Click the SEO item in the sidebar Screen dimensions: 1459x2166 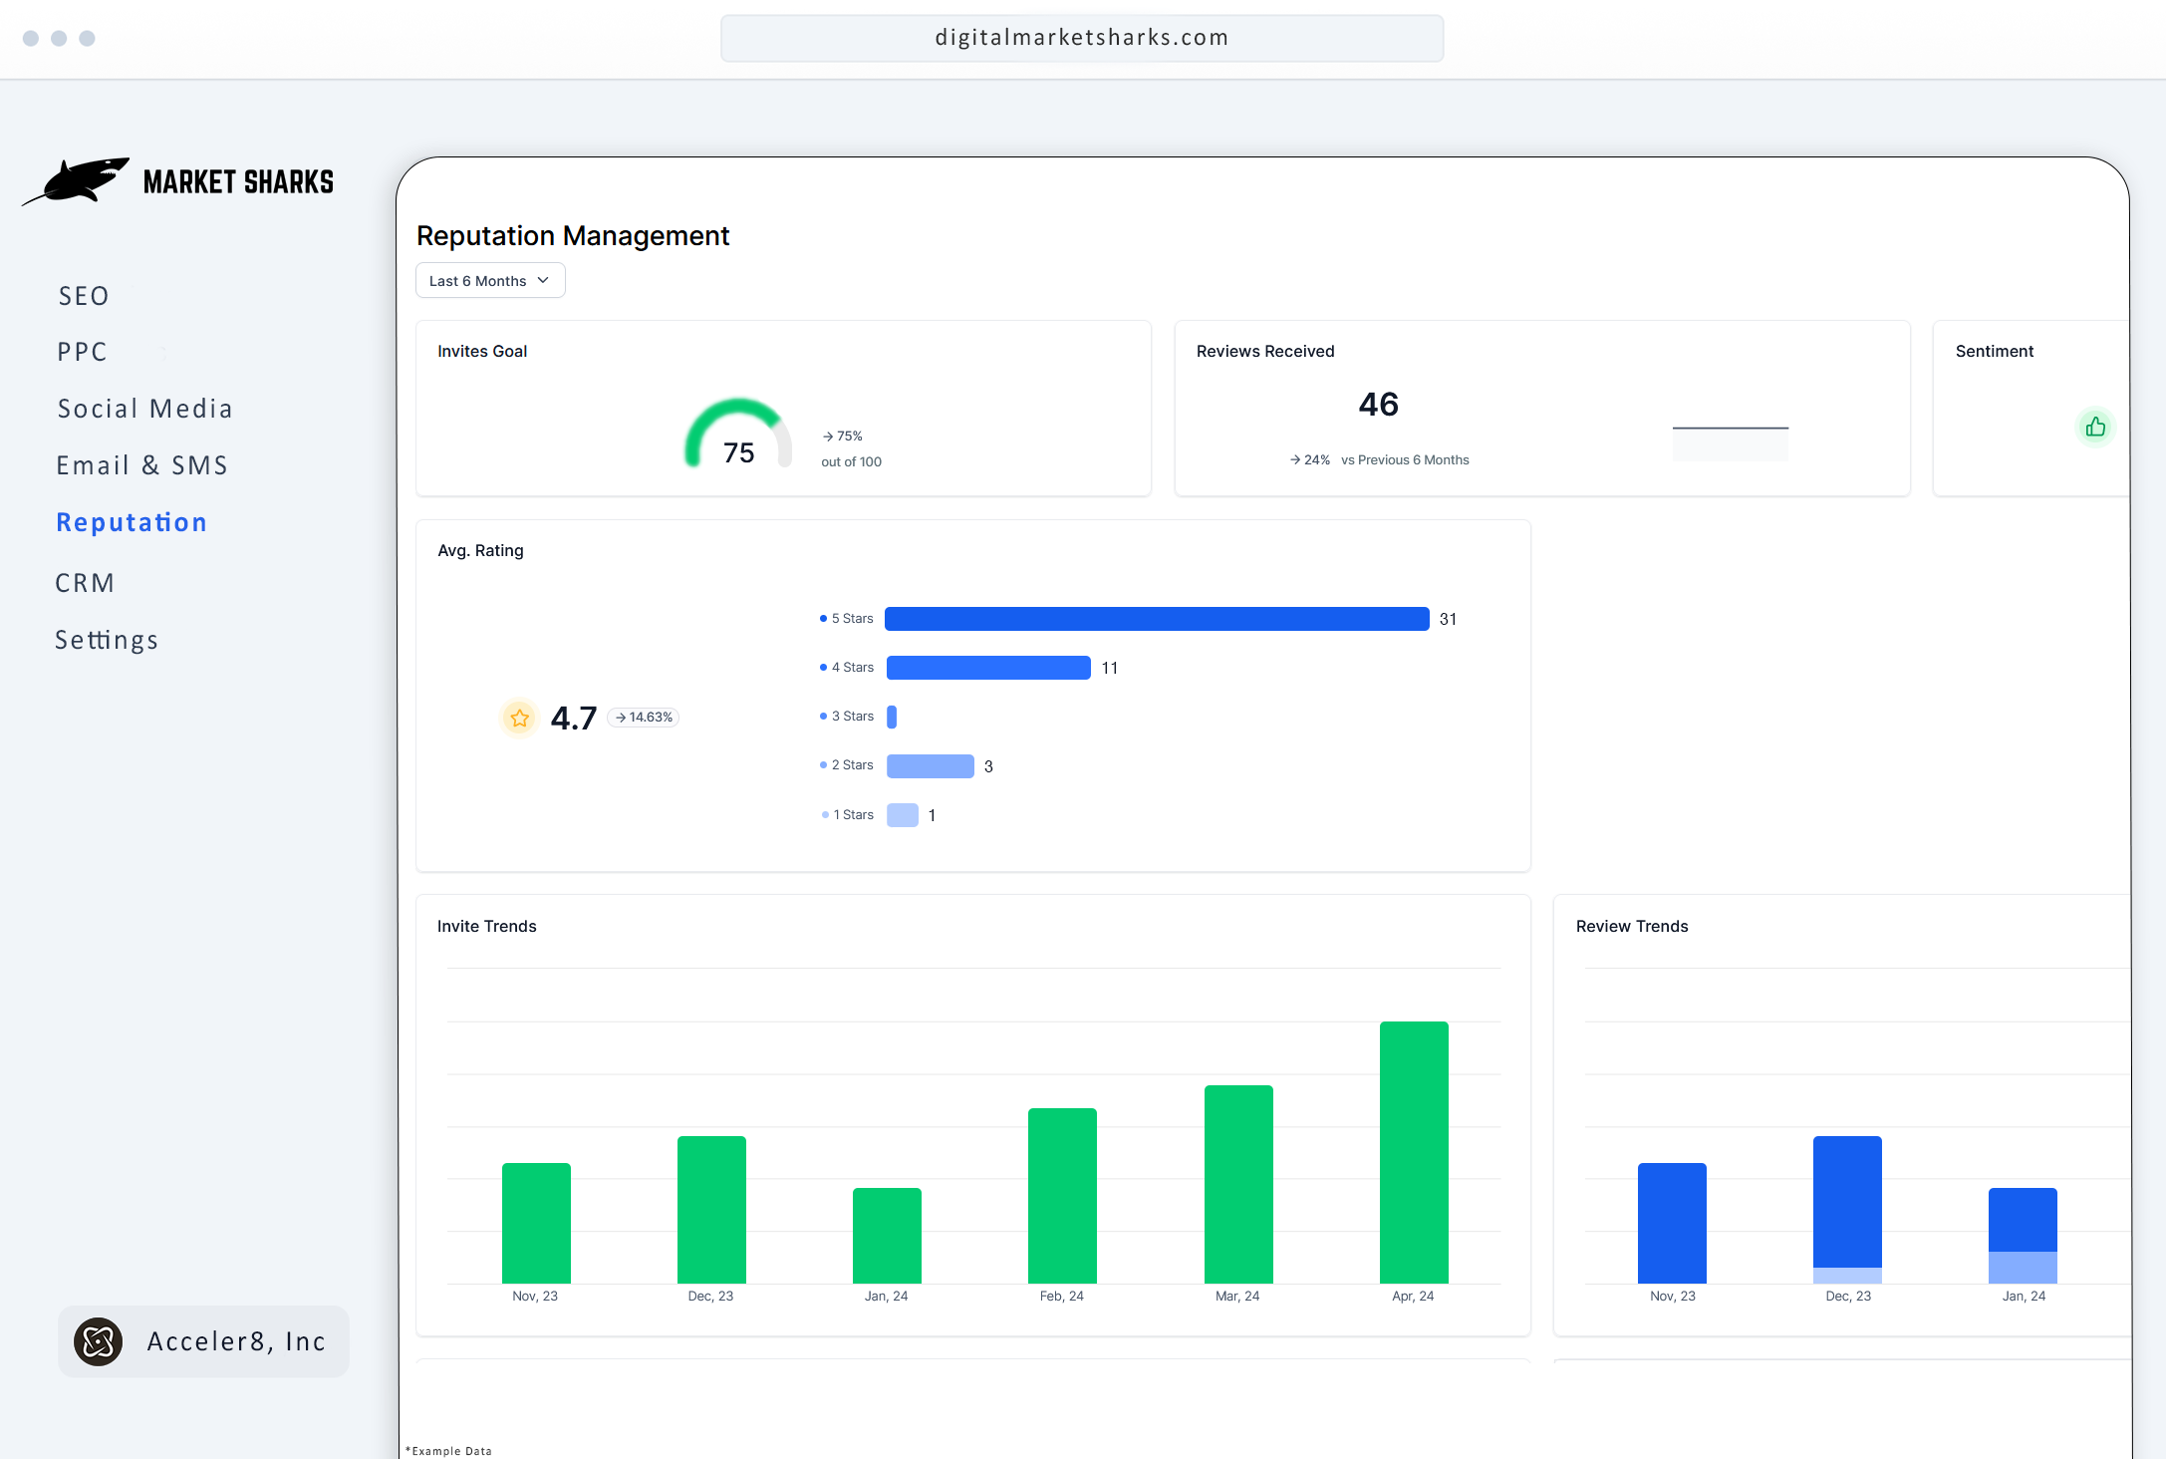[x=84, y=296]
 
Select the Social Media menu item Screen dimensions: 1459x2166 [x=144, y=409]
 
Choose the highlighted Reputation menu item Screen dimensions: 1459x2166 [x=132, y=522]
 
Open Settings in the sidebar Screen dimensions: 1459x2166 [x=107, y=640]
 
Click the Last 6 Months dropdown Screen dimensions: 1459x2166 [x=489, y=281]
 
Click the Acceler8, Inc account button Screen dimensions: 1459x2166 [x=204, y=1341]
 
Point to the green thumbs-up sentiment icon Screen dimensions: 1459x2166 [x=2095, y=428]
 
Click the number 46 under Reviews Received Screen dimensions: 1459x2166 [x=1378, y=405]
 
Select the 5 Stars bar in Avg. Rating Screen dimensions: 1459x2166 [x=1156, y=619]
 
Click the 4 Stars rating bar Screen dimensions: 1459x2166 [x=987, y=668]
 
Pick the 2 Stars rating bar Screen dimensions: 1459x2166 [x=930, y=766]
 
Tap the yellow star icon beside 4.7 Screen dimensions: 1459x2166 [x=519, y=718]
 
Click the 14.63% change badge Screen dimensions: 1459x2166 [x=644, y=718]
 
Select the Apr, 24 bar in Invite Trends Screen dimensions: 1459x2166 [x=1413, y=1152]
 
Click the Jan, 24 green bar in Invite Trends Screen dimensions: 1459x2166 [x=887, y=1236]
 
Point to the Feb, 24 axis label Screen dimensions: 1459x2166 [x=1061, y=1296]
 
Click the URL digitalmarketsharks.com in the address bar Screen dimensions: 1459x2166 [x=1081, y=38]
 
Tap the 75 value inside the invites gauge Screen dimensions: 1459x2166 [x=738, y=452]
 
